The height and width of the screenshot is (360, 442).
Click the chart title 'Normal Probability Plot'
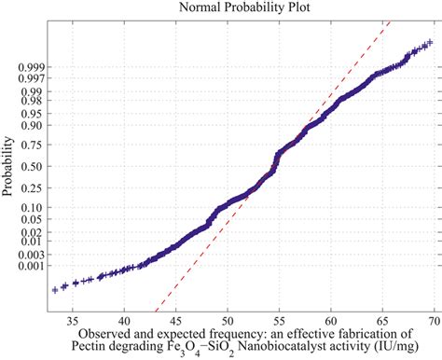tap(239, 7)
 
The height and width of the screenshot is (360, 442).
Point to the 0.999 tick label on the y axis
tap(28, 68)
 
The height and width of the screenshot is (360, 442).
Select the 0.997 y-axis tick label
tap(28, 80)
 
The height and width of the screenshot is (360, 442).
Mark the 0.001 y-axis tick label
tap(28, 266)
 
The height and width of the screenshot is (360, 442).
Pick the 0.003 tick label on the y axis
tap(28, 253)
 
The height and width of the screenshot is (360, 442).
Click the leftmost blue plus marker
tap(55, 290)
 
